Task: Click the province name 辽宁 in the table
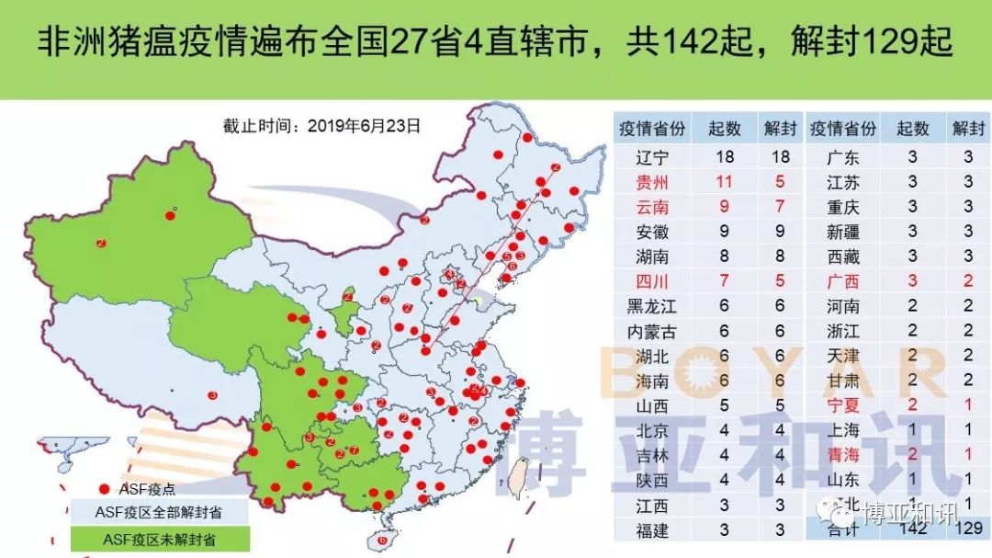coord(653,157)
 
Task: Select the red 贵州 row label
coord(653,182)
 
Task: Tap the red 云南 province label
coord(653,207)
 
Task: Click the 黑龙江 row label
coord(653,306)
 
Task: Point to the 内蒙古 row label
coord(653,331)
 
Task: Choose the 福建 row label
coord(653,530)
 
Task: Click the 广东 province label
coord(842,157)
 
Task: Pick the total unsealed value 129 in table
coord(968,530)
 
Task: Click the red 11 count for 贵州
coord(725,182)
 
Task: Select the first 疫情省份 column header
coord(653,129)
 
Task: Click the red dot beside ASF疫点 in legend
coord(104,489)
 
